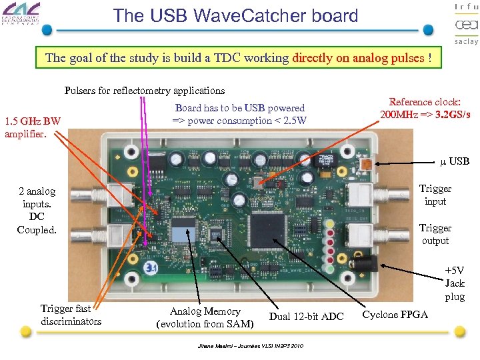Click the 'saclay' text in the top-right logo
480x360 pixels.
click(466, 41)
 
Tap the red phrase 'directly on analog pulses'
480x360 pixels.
click(359, 58)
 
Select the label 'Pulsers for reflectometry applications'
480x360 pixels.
click(145, 90)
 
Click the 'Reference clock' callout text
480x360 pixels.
click(425, 108)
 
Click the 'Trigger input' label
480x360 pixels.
click(435, 195)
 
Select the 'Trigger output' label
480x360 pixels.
click(435, 234)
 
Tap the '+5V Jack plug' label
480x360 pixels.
click(455, 283)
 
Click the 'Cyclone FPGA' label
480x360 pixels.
click(395, 314)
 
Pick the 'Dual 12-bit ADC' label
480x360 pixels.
click(306, 317)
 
